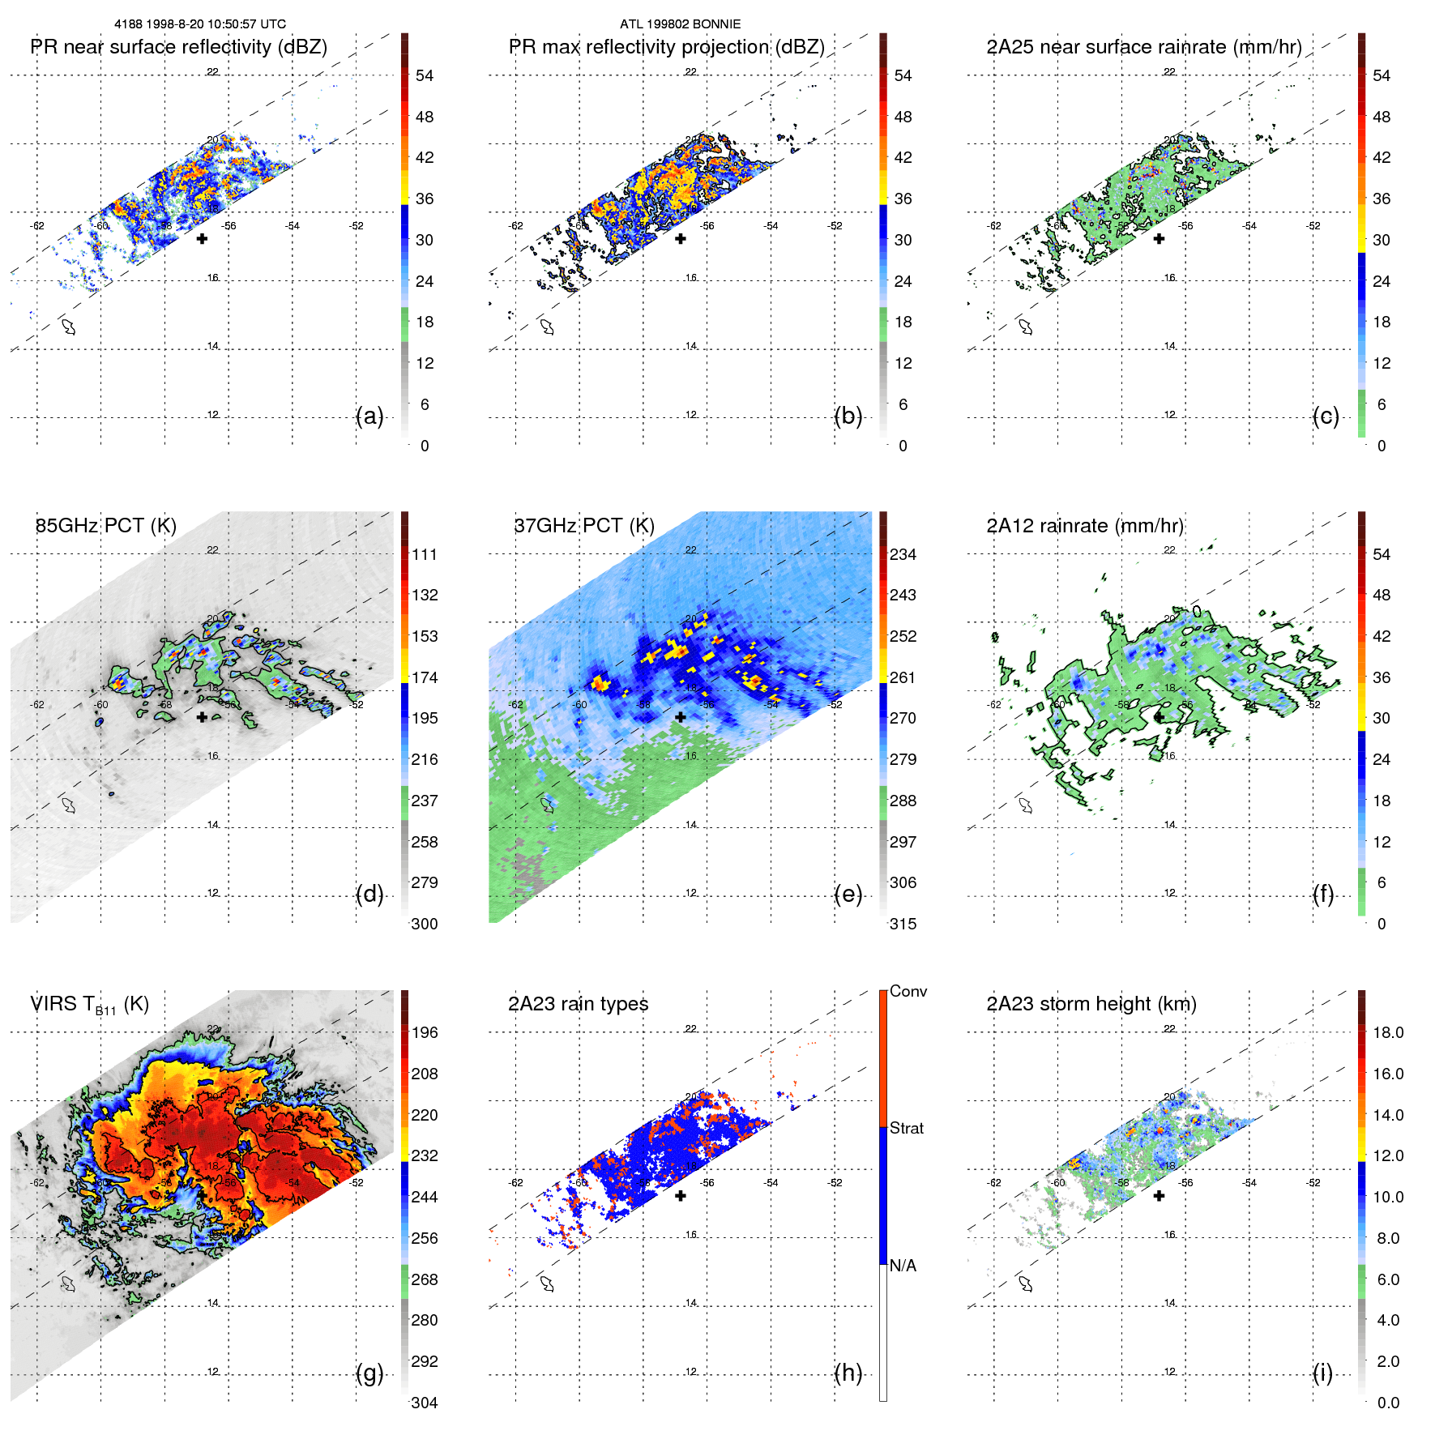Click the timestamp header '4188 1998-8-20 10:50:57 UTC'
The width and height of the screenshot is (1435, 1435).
[200, 24]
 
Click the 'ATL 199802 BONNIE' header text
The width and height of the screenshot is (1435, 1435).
[680, 24]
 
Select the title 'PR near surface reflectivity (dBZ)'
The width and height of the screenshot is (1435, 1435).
[178, 47]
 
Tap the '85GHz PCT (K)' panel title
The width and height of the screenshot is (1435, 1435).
[105, 526]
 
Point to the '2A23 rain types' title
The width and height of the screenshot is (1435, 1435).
[578, 1005]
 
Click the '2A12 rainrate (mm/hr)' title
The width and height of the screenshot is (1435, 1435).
[1084, 526]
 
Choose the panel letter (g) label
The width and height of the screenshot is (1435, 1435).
[369, 1373]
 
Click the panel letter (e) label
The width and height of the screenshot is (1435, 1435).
[848, 895]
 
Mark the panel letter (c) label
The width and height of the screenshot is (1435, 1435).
[1326, 416]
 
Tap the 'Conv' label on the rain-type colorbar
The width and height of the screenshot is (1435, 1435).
[908, 992]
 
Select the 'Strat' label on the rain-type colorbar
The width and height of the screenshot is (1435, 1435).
[906, 1129]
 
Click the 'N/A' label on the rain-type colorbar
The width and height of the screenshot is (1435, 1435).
[903, 1266]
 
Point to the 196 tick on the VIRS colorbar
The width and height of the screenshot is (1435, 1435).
[425, 1033]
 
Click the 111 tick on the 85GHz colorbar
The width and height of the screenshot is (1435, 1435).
[425, 555]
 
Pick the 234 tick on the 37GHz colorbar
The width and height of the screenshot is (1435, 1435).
[903, 555]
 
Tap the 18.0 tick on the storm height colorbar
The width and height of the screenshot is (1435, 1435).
[1387, 1033]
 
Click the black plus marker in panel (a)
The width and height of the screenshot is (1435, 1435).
[202, 239]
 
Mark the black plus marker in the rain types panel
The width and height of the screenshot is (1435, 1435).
[681, 1196]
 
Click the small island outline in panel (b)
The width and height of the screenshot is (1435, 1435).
[548, 327]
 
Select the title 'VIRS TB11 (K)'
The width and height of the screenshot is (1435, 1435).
[89, 1005]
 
